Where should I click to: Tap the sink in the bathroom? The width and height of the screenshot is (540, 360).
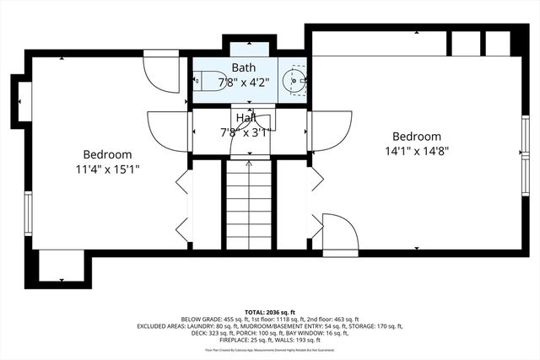tap(292, 82)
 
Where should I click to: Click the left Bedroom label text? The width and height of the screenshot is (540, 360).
tap(107, 154)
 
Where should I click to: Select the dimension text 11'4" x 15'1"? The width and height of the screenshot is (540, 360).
tap(107, 169)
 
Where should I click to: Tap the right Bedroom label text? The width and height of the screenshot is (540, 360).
tap(416, 137)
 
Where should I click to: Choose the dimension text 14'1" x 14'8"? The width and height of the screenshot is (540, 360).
tap(416, 152)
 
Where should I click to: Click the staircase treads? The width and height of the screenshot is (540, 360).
tap(249, 207)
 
